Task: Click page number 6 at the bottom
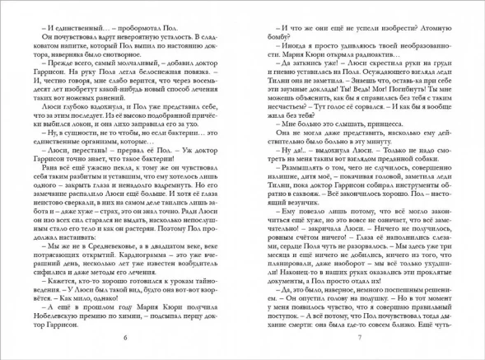pyautogui.click(x=125, y=338)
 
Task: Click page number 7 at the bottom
pyautogui.click(x=359, y=338)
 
